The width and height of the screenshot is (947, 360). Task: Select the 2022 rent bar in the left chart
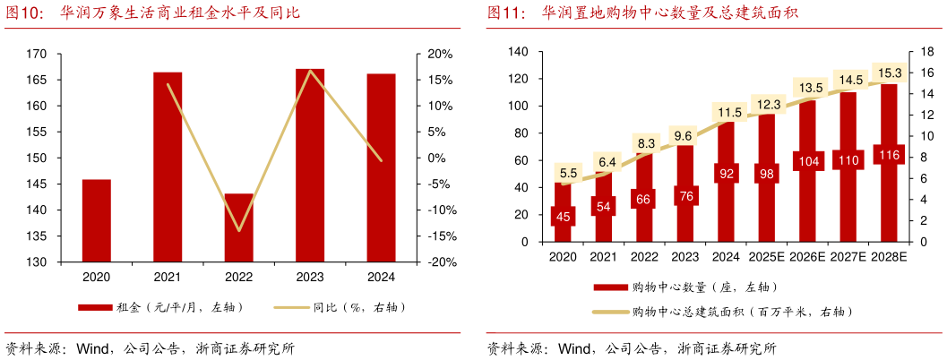(238, 227)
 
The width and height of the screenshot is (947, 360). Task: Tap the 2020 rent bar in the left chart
(97, 220)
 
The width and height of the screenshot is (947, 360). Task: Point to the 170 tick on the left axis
(37, 54)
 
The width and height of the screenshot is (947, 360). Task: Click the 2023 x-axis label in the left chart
(310, 278)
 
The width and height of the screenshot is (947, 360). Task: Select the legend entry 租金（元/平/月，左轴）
(161, 307)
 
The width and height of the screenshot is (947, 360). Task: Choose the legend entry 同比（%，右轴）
(340, 307)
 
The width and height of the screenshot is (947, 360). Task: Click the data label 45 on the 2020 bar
(563, 216)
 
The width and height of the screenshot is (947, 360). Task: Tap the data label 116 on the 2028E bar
(890, 155)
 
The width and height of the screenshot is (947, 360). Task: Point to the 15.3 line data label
(890, 73)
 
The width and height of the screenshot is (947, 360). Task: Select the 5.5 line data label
(568, 173)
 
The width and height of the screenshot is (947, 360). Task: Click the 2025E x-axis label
(768, 257)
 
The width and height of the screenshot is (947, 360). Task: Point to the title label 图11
(505, 13)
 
